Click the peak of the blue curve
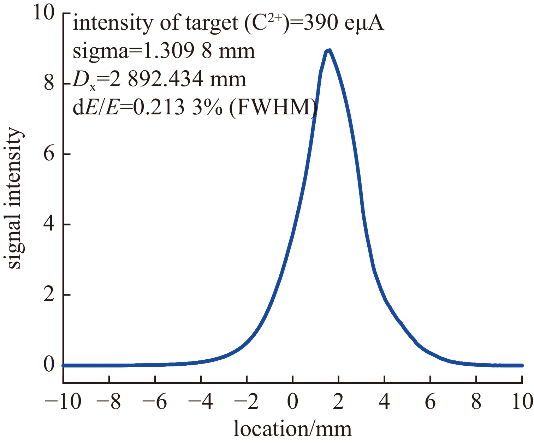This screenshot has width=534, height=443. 329,51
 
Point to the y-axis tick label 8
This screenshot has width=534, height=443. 49,84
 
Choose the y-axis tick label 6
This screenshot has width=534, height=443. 49,154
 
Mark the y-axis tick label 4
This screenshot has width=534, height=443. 49,225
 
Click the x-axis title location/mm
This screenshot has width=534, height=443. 293,429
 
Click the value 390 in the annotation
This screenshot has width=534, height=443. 323,24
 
